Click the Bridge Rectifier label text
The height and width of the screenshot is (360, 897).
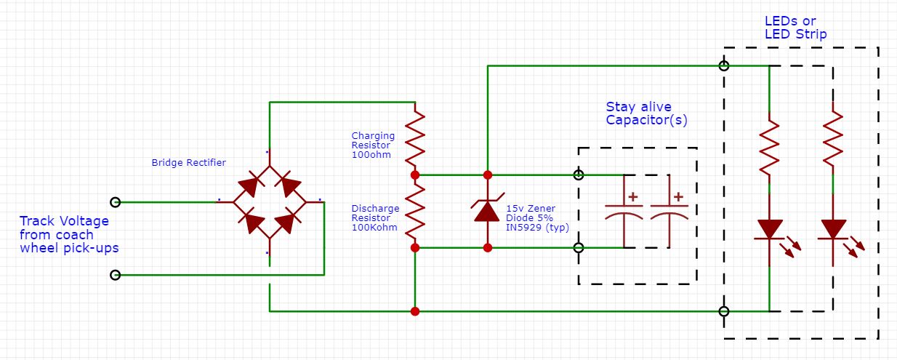coord(188,162)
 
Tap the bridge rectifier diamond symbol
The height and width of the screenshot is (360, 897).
coord(269,201)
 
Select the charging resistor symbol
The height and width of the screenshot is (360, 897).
coord(414,138)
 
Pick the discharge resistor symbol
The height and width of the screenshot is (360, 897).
coord(414,211)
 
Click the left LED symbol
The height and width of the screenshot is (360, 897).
coord(769,229)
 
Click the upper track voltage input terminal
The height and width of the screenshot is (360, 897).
coord(115,201)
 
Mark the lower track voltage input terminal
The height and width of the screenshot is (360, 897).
coord(115,275)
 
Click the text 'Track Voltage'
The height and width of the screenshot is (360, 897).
coord(64,221)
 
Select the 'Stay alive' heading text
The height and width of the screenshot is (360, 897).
coord(638,107)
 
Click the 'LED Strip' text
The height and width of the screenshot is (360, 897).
coord(795,34)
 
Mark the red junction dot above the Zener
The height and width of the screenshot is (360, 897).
coord(487,175)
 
